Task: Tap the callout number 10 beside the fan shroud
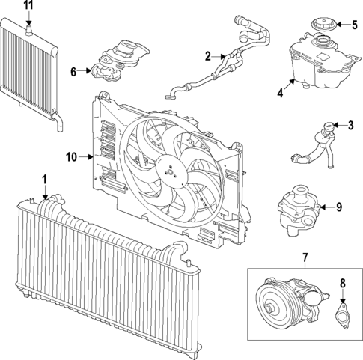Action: click(72, 157)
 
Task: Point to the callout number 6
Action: click(74, 72)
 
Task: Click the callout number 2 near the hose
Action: click(209, 55)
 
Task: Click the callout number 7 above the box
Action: click(305, 259)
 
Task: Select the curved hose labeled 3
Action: click(313, 146)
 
